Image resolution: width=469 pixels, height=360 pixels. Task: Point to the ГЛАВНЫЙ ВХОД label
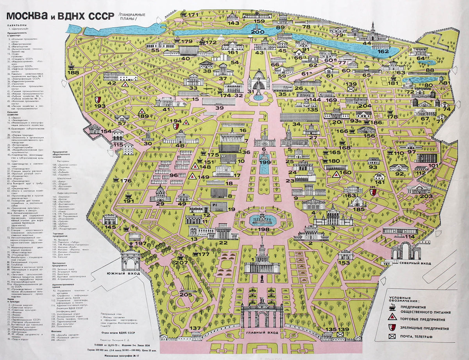click(x=262, y=332)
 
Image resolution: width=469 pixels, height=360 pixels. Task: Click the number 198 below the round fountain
click(x=265, y=230)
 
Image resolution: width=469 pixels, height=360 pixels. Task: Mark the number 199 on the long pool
click(x=265, y=162)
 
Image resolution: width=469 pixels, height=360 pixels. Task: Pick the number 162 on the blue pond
click(x=383, y=51)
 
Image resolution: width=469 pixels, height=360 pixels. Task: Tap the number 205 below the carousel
click(x=186, y=294)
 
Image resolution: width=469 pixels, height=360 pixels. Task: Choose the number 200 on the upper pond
click(x=258, y=32)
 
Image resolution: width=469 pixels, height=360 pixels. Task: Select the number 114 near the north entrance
click(x=410, y=237)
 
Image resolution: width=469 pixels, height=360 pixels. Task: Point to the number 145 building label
click(x=110, y=227)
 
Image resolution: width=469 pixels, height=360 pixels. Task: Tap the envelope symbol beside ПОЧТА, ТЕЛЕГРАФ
click(x=392, y=336)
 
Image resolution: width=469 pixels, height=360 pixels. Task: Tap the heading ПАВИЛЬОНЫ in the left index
click(x=16, y=29)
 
